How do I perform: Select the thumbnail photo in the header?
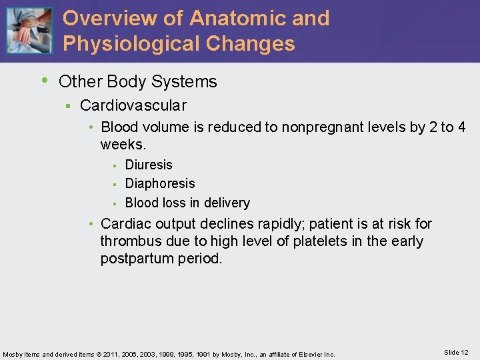click(29, 30)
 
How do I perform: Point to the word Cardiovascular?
click(133, 105)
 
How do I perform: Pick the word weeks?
click(123, 144)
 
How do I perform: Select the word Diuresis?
click(149, 165)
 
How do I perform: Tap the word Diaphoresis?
click(160, 183)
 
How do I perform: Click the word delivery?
click(227, 203)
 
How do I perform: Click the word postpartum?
click(139, 258)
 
